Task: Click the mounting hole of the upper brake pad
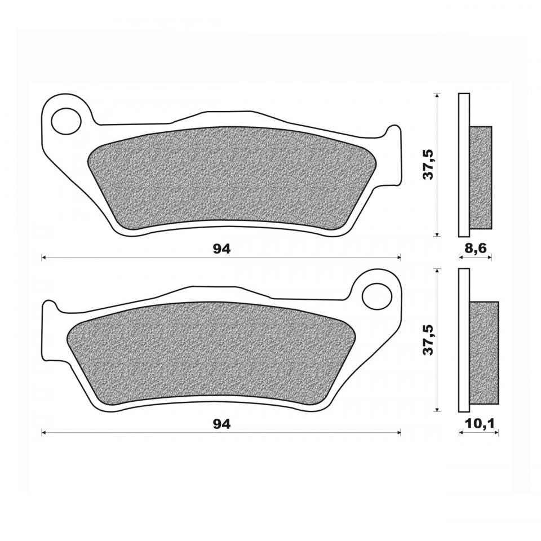[x=66, y=121]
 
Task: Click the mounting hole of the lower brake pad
[x=377, y=296]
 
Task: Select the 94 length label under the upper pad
[x=221, y=249]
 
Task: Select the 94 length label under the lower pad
[x=221, y=424]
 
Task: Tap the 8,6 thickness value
[x=476, y=249]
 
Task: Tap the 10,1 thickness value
[x=480, y=423]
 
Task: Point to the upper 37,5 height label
[x=428, y=165]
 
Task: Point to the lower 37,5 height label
[x=428, y=340]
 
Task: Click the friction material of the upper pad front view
[x=224, y=178]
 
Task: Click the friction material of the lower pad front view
[x=212, y=353]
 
